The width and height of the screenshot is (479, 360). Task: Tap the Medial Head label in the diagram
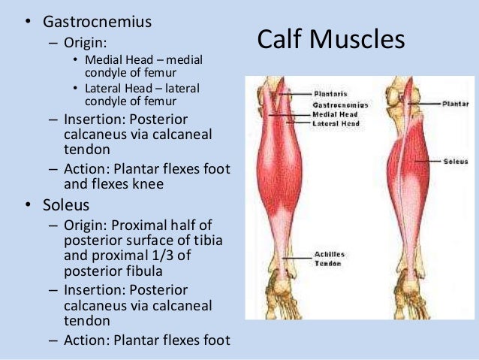point(331,114)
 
